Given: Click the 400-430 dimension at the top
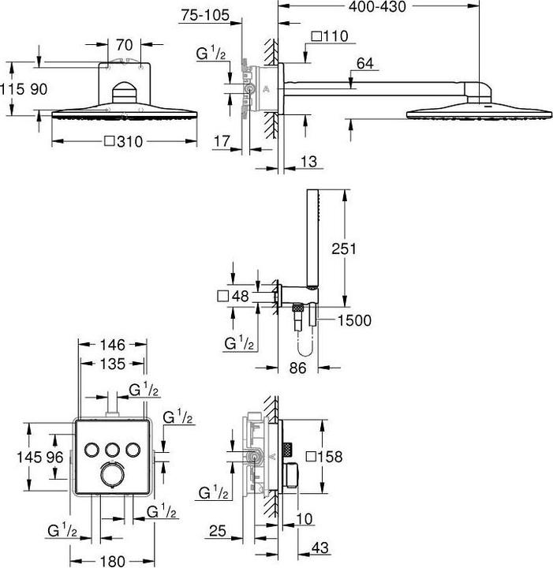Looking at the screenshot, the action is (x=377, y=6).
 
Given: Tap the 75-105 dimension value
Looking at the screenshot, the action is (x=205, y=15).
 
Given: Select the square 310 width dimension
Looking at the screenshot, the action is (x=124, y=141).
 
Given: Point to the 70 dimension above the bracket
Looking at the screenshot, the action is (x=124, y=45).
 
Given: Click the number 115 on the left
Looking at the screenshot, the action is (x=12, y=89).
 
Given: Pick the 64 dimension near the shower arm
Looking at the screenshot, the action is (x=365, y=63).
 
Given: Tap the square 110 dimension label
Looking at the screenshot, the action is (x=330, y=36).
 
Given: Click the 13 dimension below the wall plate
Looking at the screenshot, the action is (x=308, y=162).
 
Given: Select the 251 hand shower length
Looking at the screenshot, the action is (x=344, y=248).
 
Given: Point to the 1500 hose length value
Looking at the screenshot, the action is (x=354, y=320).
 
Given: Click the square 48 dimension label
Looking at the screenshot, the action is (x=234, y=297).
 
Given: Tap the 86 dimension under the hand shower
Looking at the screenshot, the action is (x=297, y=368).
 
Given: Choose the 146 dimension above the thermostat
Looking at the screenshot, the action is (x=113, y=345).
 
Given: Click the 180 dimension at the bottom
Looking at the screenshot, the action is (x=113, y=561).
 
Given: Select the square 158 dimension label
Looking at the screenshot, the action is (x=324, y=457).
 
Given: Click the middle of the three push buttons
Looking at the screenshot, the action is (x=112, y=450).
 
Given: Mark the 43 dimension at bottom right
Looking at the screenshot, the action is (x=319, y=547).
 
